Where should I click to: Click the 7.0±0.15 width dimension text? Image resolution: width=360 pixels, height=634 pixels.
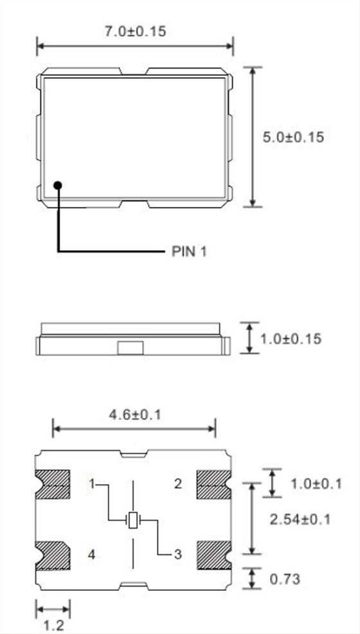(136, 32)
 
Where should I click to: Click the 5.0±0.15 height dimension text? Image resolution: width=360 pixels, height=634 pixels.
(293, 137)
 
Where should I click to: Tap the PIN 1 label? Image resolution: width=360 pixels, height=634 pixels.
(189, 251)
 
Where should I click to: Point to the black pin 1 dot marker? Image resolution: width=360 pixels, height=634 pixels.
(58, 185)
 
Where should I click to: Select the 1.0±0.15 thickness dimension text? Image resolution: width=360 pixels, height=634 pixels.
(291, 338)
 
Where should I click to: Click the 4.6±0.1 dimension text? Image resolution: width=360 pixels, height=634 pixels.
(135, 415)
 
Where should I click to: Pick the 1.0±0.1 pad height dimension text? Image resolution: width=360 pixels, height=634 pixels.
(316, 483)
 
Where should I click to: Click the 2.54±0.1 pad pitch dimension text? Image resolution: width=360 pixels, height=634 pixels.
(300, 519)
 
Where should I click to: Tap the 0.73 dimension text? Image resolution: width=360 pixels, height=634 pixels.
(285, 579)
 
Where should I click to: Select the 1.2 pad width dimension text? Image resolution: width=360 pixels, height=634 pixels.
(53, 626)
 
